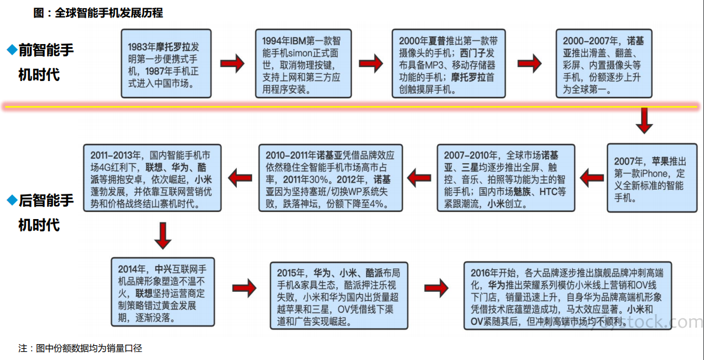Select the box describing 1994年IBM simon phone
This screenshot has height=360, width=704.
click(x=301, y=63)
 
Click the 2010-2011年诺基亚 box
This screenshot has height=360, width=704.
click(x=331, y=177)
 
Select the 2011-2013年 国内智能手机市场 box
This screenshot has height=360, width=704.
click(x=152, y=177)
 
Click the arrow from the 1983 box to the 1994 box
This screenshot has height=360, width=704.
click(x=232, y=63)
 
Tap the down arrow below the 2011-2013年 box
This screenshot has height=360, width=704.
click(x=163, y=235)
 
